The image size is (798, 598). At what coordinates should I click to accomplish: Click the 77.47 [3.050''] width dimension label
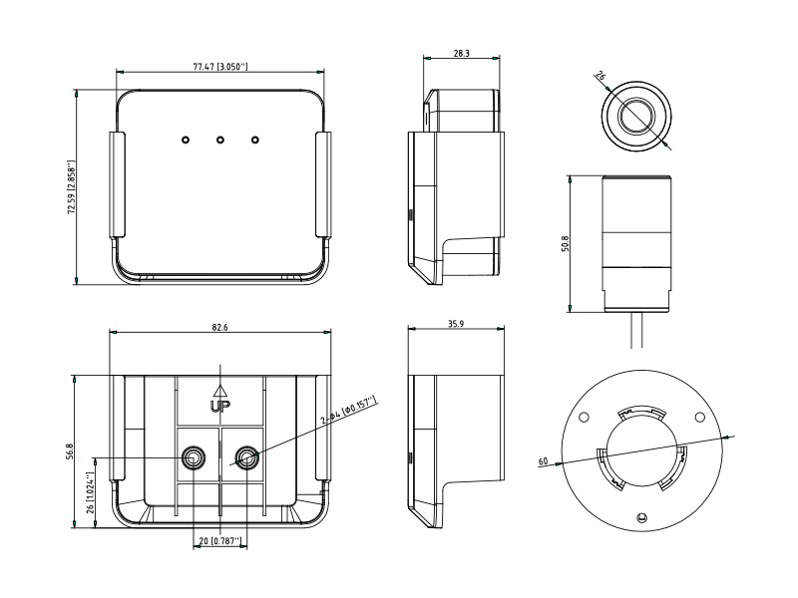point(219,67)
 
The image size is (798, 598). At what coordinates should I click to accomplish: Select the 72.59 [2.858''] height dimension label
point(72,187)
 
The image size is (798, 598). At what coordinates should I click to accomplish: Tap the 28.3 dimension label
point(461,53)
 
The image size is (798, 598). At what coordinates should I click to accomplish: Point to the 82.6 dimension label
point(219,327)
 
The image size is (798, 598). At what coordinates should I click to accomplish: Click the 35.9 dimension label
point(456,323)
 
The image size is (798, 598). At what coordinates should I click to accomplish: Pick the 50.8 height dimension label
point(565,243)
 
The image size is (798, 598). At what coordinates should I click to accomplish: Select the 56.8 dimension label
point(70,451)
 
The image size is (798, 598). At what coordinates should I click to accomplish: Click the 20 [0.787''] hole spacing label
point(219,541)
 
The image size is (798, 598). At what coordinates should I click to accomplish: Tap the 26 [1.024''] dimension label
point(90,492)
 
